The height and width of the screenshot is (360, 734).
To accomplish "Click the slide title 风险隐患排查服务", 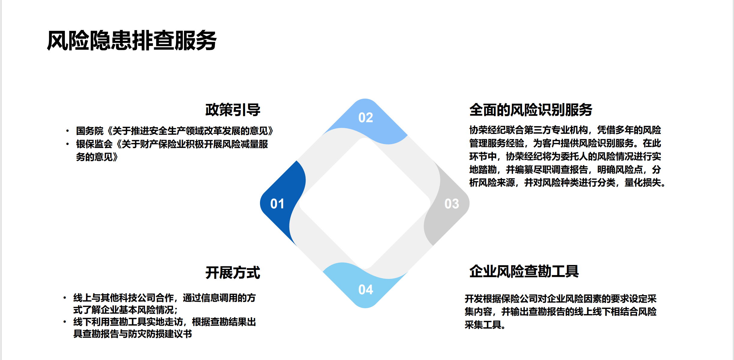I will (x=131, y=41).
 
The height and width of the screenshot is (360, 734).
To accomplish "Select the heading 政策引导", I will (x=233, y=110).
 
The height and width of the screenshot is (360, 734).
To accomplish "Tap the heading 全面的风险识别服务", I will (x=530, y=110).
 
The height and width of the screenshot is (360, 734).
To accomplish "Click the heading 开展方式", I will (x=233, y=273).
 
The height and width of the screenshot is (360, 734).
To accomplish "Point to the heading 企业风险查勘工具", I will (x=524, y=271).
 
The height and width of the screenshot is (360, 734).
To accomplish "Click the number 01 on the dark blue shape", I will (x=277, y=204).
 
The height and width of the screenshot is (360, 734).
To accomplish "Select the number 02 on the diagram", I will (x=366, y=117).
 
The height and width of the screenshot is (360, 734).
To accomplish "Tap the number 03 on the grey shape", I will (x=452, y=204).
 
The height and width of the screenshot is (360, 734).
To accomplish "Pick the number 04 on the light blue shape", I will (x=366, y=290).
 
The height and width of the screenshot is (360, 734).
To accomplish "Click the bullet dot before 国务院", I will (x=68, y=131).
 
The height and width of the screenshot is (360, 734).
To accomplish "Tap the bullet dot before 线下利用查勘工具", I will (x=65, y=322).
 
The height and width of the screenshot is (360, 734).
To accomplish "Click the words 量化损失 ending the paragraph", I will (x=642, y=183).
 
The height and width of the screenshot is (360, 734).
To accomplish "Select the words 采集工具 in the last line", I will (x=483, y=325).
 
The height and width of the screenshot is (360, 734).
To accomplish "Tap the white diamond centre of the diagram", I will (x=365, y=204).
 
